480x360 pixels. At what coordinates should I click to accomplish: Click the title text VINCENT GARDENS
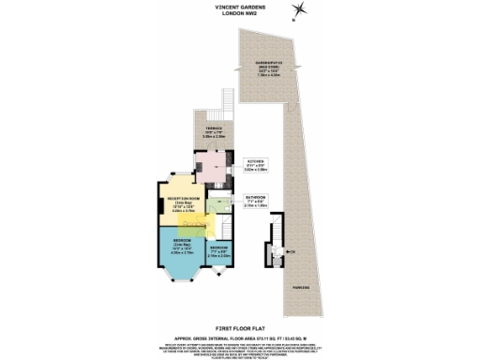239,5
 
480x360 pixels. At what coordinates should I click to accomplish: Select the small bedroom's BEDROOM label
218,247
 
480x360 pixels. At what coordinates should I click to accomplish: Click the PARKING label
300,285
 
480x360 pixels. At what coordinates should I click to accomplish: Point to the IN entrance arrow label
292,252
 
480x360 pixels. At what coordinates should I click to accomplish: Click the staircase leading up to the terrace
225,100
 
